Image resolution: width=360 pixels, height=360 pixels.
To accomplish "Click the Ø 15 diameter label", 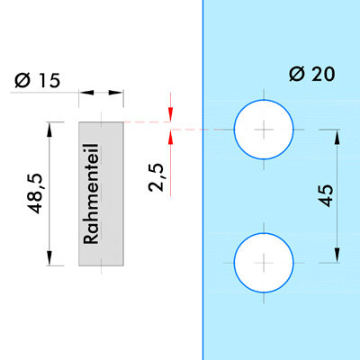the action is (37, 81).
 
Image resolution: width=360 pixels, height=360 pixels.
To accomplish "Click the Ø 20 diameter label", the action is (312, 74).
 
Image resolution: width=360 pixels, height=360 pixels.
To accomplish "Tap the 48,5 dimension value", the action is (34, 193).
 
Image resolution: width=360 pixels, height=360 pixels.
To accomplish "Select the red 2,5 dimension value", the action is (157, 177).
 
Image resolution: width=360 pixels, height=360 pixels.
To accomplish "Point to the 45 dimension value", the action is (326, 195).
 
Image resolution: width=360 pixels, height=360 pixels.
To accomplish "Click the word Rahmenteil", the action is (91, 194).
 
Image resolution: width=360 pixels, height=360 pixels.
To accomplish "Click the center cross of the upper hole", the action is (264, 130).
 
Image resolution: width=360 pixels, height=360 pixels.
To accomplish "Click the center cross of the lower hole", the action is (264, 263).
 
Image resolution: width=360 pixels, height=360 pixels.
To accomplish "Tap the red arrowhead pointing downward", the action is (171, 114).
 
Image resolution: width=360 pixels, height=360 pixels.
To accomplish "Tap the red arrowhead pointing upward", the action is (171, 137).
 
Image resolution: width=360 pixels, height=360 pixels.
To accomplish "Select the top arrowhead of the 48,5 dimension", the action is (49, 130).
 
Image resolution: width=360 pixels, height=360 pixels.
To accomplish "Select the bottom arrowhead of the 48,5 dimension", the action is (49, 258).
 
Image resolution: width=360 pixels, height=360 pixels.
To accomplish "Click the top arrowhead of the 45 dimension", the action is (337, 137).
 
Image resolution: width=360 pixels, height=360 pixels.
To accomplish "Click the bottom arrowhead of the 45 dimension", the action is (337, 256).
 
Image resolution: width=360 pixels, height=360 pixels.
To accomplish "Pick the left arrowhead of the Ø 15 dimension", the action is (86, 93).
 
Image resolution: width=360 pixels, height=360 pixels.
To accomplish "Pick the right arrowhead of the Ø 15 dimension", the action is (116, 93).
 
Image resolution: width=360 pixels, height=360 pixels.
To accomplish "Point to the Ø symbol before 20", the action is (297, 74).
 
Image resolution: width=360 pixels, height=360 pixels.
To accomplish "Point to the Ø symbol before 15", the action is (22, 81).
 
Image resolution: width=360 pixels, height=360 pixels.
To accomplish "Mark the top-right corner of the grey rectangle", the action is (123, 122).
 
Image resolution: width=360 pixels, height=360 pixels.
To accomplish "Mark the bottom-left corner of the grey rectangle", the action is (79, 265).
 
